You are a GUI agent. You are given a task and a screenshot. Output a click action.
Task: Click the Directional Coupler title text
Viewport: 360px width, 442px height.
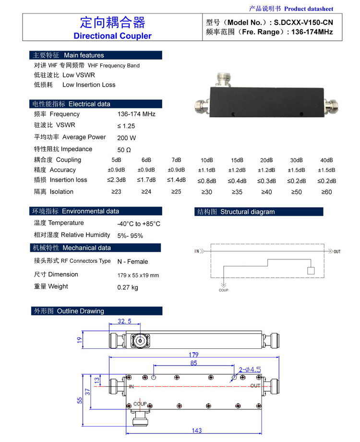coord(112,36)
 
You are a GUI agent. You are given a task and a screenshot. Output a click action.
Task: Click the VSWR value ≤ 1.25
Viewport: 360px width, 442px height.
coord(126,126)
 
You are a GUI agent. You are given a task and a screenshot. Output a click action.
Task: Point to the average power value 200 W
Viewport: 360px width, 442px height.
coord(126,138)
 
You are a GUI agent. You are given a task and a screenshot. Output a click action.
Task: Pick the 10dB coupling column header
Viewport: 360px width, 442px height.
coord(207,160)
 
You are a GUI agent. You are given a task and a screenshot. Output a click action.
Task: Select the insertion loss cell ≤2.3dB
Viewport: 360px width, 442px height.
coord(116,180)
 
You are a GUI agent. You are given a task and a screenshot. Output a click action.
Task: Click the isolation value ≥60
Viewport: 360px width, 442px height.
coord(326,192)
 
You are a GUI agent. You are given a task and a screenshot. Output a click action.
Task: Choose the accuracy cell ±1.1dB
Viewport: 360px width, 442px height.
coord(207,170)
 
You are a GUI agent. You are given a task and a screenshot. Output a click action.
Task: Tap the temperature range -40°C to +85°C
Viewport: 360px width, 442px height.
coord(139,224)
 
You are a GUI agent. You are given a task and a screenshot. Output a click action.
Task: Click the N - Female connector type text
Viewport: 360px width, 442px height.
coord(132,262)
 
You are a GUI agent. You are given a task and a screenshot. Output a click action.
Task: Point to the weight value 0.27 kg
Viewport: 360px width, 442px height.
coord(127,287)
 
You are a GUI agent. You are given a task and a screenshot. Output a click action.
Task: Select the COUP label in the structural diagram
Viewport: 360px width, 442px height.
coord(224,290)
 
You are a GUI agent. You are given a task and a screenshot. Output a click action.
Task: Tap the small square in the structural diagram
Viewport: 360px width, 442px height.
coord(311,270)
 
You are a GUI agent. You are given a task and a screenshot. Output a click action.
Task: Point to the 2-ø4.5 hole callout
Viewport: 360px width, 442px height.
coord(250,369)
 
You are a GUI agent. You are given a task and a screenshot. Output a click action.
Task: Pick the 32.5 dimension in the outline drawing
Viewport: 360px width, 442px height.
coord(124,321)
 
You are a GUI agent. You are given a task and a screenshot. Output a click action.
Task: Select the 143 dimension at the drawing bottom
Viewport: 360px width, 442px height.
coord(197,430)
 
